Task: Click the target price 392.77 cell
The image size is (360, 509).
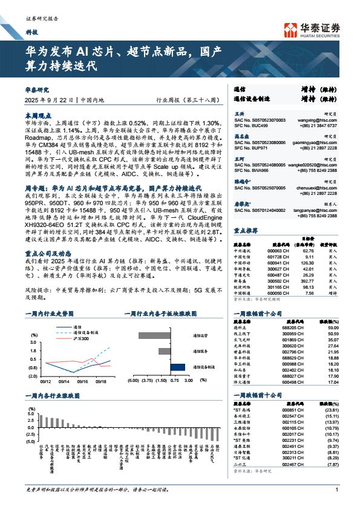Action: (309, 281)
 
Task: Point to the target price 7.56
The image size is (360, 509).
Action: (309, 292)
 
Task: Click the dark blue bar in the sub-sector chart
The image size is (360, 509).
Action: (177, 366)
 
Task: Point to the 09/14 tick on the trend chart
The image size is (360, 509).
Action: (64, 382)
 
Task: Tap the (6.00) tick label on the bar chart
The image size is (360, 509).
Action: (134, 382)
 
